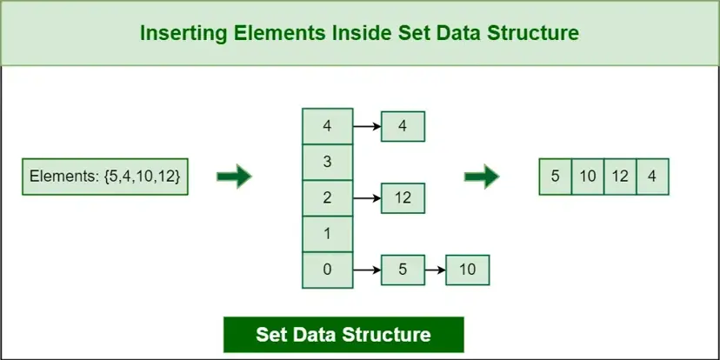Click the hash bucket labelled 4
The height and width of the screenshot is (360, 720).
click(x=327, y=126)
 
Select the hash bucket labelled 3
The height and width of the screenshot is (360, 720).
click(x=327, y=162)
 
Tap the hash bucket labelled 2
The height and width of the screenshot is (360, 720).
click(x=327, y=197)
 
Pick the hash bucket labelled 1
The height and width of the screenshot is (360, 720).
click(x=327, y=233)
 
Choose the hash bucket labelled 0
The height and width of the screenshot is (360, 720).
click(x=327, y=269)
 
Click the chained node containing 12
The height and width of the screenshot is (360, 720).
click(x=402, y=198)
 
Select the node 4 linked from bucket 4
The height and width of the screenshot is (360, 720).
click(x=402, y=127)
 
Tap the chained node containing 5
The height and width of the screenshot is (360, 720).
click(x=402, y=270)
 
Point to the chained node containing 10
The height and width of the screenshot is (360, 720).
click(x=467, y=270)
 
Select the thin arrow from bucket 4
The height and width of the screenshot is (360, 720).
click(x=366, y=127)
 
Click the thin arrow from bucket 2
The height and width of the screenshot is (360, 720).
click(x=366, y=198)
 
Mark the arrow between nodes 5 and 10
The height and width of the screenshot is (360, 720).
click(x=434, y=270)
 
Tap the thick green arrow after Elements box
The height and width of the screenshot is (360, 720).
click(x=234, y=177)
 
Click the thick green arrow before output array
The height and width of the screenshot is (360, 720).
click(x=482, y=177)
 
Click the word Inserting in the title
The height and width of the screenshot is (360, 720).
click(x=179, y=34)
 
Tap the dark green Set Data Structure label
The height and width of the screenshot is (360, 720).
click(x=343, y=334)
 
